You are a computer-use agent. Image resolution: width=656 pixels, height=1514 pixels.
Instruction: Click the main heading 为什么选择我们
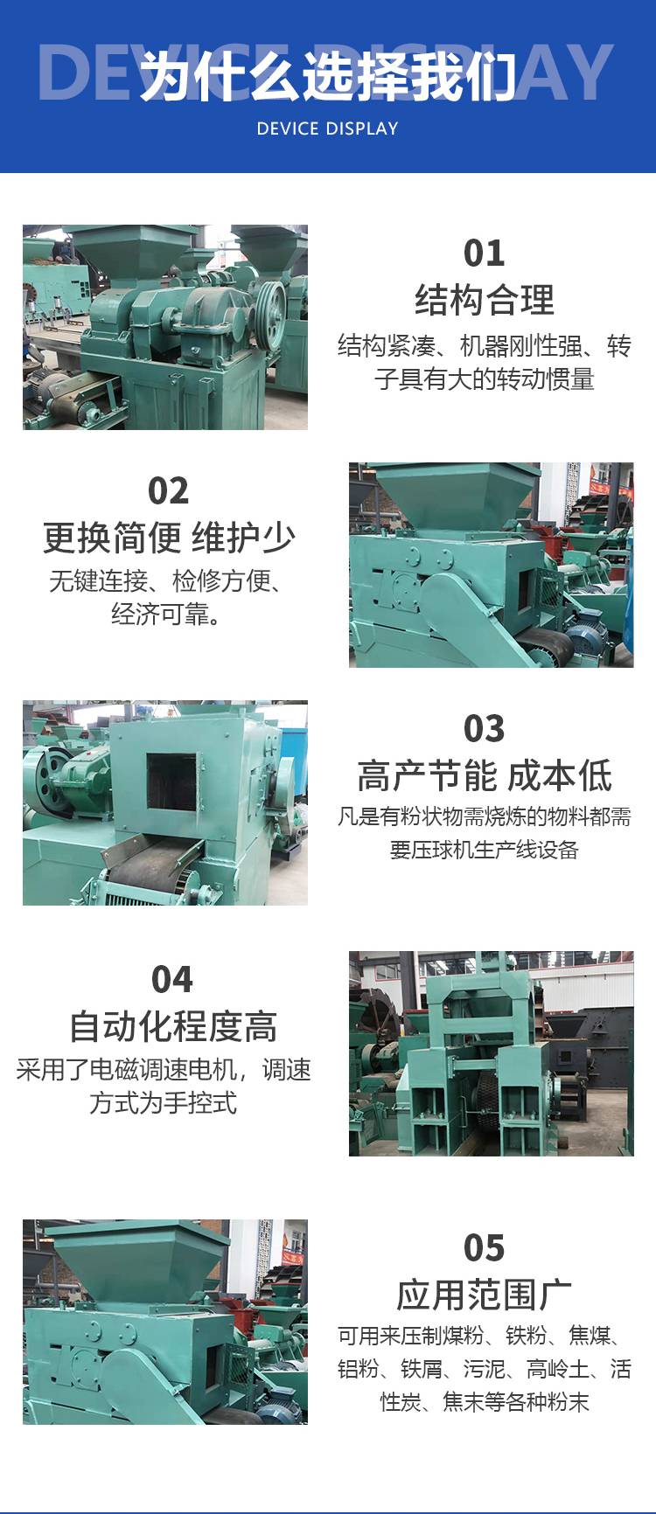pyautogui.click(x=328, y=75)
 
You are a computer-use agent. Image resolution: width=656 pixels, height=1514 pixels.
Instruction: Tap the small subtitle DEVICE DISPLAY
pyautogui.click(x=327, y=128)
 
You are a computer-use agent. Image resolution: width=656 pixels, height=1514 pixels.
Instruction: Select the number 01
pyautogui.click(x=484, y=253)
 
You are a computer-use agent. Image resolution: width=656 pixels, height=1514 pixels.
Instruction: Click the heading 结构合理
pyautogui.click(x=484, y=300)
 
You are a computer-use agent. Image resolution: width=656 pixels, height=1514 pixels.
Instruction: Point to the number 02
pyautogui.click(x=168, y=491)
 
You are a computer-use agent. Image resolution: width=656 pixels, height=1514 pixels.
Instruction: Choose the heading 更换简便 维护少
pyautogui.click(x=169, y=538)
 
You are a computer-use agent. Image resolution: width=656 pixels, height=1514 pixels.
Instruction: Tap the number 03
pyautogui.click(x=484, y=729)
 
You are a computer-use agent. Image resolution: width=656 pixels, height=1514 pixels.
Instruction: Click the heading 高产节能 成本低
pyautogui.click(x=484, y=775)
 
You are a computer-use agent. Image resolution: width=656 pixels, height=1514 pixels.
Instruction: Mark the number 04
pyautogui.click(x=171, y=980)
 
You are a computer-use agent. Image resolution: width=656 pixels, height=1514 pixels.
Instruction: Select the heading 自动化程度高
pyautogui.click(x=173, y=1026)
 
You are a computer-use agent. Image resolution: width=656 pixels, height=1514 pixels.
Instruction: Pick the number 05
pyautogui.click(x=484, y=1248)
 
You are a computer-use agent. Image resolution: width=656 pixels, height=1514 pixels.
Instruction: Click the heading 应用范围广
pyautogui.click(x=484, y=1295)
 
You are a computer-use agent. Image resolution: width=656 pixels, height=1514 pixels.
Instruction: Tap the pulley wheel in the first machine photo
pyautogui.click(x=270, y=308)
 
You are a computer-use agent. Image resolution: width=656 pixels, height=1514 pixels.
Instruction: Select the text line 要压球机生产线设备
pyautogui.click(x=484, y=849)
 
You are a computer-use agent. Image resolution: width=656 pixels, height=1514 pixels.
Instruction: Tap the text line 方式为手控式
pyautogui.click(x=163, y=1102)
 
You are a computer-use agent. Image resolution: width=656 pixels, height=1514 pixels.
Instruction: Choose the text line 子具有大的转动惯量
pyautogui.click(x=484, y=379)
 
